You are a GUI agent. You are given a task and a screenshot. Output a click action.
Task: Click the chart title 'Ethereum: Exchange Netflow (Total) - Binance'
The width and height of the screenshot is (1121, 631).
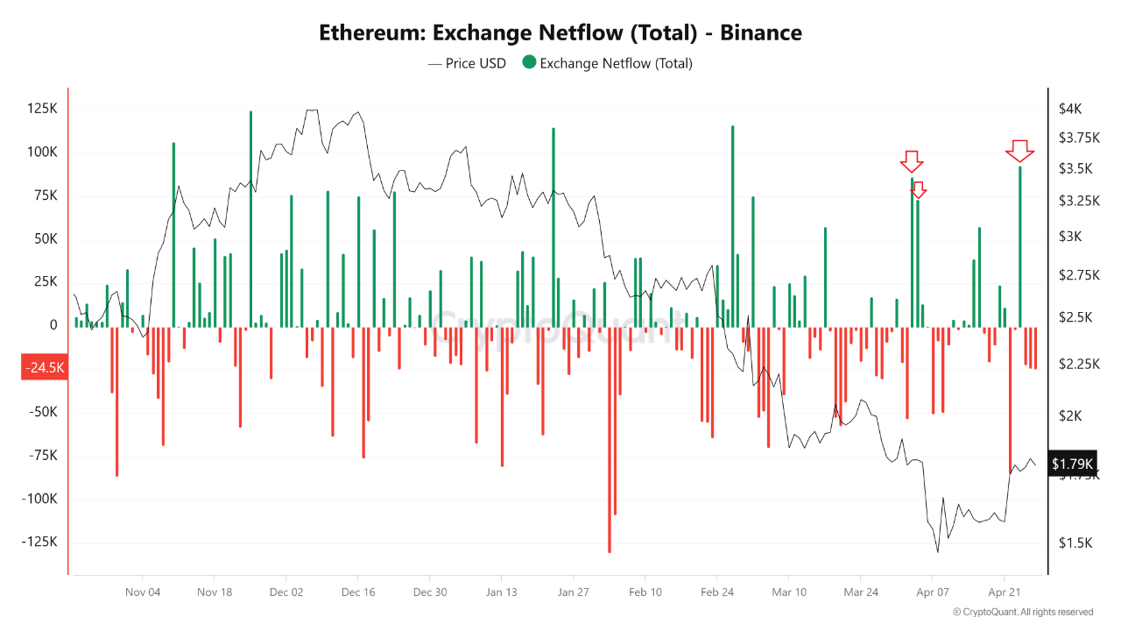click(x=560, y=33)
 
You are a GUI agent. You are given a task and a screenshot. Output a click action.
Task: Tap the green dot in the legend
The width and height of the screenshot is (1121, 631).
click(x=529, y=63)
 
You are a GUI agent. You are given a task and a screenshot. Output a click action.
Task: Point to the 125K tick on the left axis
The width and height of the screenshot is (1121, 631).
click(x=42, y=109)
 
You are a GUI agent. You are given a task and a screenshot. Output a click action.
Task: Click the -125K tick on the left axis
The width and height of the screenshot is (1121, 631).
click(x=40, y=542)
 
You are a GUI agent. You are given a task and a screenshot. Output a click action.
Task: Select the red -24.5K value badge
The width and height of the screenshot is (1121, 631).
click(x=44, y=368)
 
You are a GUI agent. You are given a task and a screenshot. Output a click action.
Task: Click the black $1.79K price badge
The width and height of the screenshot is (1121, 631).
click(x=1072, y=463)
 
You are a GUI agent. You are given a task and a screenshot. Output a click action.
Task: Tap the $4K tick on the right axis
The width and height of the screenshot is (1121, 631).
click(x=1070, y=109)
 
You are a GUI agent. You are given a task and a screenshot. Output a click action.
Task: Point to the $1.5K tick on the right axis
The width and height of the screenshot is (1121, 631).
click(x=1075, y=543)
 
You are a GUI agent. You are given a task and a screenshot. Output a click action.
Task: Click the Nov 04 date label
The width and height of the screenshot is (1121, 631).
click(x=143, y=592)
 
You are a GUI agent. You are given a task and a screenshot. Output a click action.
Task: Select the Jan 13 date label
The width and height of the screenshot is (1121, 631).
click(x=502, y=592)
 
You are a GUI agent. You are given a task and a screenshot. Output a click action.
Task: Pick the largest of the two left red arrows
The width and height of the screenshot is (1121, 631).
click(x=912, y=161)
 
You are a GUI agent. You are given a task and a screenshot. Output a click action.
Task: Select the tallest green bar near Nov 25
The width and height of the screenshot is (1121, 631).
click(x=250, y=219)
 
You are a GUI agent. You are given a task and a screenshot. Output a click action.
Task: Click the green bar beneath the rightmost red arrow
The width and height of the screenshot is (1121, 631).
click(x=1019, y=245)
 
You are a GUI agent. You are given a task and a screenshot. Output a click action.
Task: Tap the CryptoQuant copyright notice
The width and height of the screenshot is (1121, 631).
click(x=1022, y=612)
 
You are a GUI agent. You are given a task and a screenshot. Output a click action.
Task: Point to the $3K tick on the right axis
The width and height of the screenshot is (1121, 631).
click(x=1069, y=237)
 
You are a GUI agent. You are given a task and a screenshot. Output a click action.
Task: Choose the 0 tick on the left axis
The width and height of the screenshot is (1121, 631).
click(x=53, y=325)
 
